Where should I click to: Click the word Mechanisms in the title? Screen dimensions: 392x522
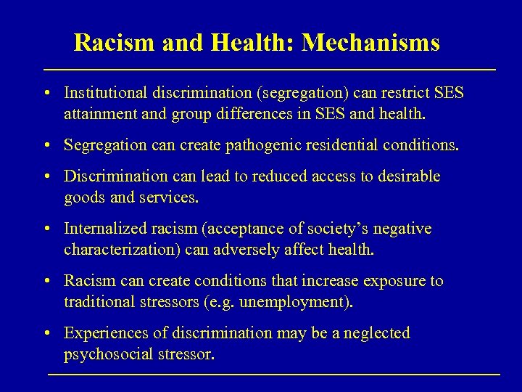370,44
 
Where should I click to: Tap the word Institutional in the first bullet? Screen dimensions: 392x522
104,94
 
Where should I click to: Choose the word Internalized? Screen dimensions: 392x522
104,229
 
